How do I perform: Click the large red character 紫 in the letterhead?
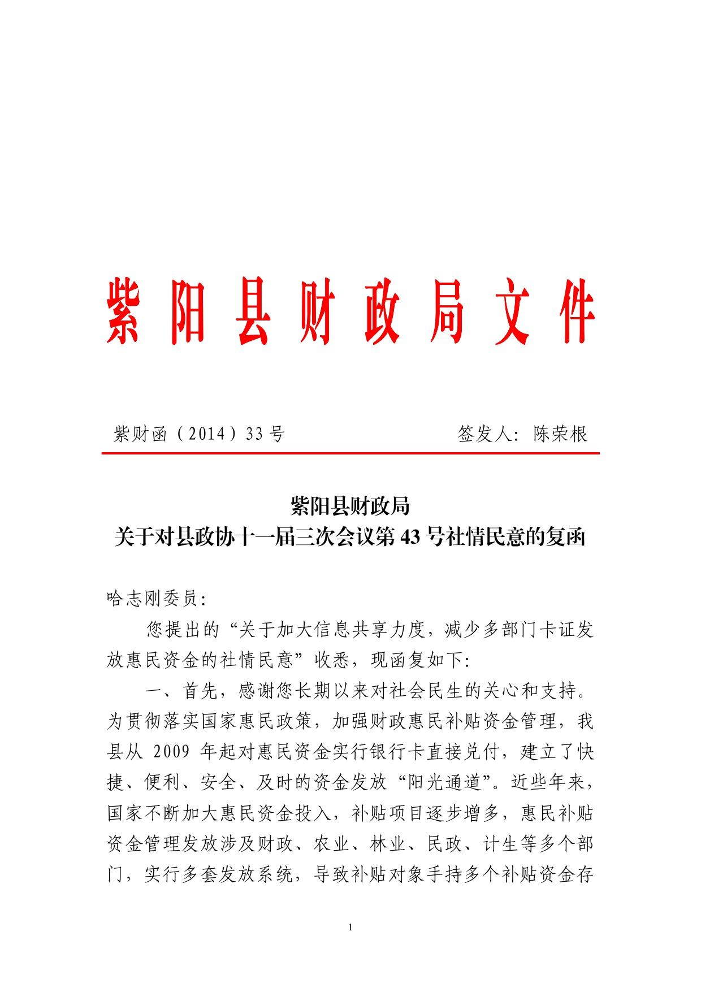click(123, 311)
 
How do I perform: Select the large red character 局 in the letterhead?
click(447, 311)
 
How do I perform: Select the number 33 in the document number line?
click(255, 434)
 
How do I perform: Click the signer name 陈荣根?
click(560, 434)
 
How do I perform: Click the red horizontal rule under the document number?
click(350, 453)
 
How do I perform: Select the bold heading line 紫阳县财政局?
click(350, 506)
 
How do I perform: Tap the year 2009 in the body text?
click(171, 752)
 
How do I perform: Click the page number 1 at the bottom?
click(350, 927)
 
